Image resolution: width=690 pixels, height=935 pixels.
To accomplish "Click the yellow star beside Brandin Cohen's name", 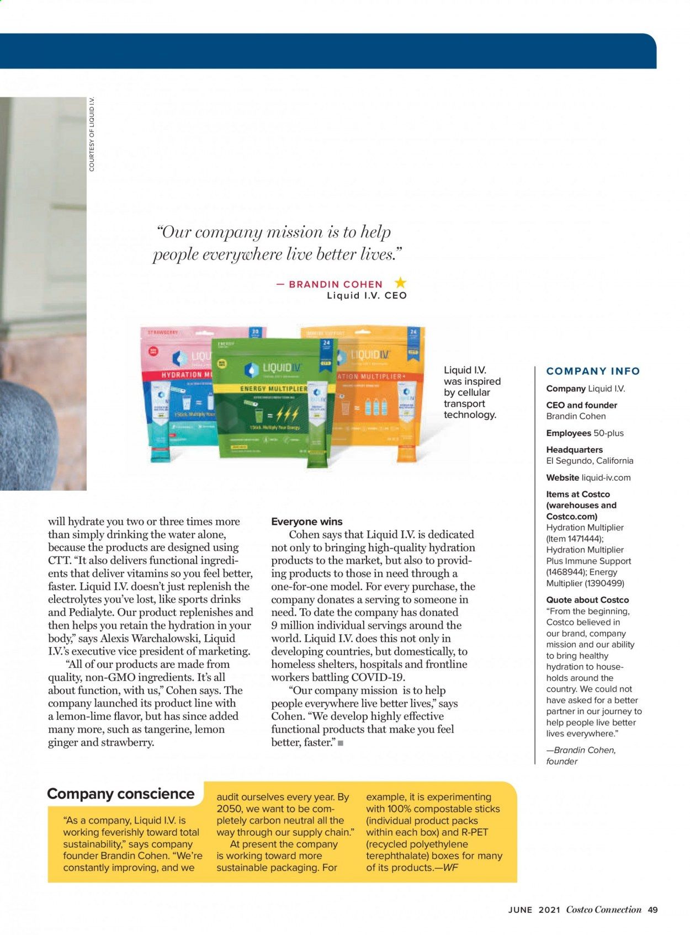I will (x=400, y=283).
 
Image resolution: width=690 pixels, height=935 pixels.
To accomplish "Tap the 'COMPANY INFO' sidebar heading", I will (x=593, y=371).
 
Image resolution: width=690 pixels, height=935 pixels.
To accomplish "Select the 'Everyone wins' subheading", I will (x=307, y=522).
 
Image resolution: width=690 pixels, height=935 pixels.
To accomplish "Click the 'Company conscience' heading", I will (x=121, y=794).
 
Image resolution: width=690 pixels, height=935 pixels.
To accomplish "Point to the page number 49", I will (x=653, y=910).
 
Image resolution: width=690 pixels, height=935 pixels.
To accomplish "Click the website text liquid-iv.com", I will (x=606, y=477).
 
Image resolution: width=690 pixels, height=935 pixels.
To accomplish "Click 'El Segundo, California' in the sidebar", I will (x=590, y=461).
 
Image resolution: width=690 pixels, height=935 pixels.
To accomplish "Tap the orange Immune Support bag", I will (x=381, y=386).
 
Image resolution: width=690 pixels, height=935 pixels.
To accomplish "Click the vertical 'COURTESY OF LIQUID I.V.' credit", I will (x=92, y=134).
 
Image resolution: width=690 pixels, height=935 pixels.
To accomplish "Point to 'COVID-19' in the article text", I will (x=378, y=677).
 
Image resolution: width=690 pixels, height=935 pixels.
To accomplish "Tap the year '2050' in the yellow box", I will (x=230, y=809).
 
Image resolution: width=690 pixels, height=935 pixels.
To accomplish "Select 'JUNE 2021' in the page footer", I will (x=534, y=910).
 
